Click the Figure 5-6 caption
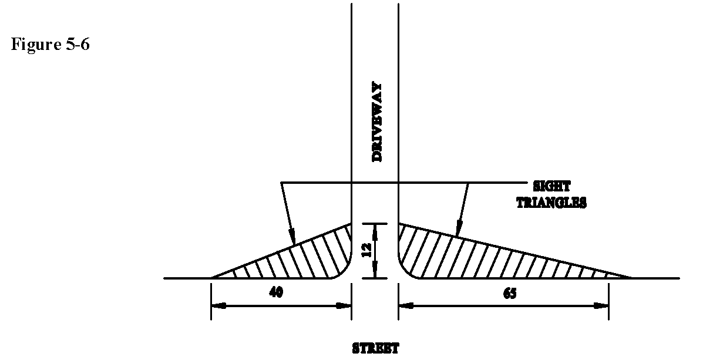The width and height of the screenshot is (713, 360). tap(50, 45)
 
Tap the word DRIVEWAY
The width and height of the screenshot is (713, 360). tap(375, 122)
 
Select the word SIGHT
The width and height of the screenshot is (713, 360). tap(551, 187)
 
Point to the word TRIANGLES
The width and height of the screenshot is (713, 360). tap(551, 203)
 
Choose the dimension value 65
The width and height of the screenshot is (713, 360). tap(509, 294)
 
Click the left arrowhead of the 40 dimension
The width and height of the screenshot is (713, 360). tap(217, 305)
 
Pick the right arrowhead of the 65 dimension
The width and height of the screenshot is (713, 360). tap(601, 305)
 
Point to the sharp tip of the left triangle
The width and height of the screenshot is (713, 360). tap(213, 277)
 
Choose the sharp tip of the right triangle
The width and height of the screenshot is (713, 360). tap(631, 277)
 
